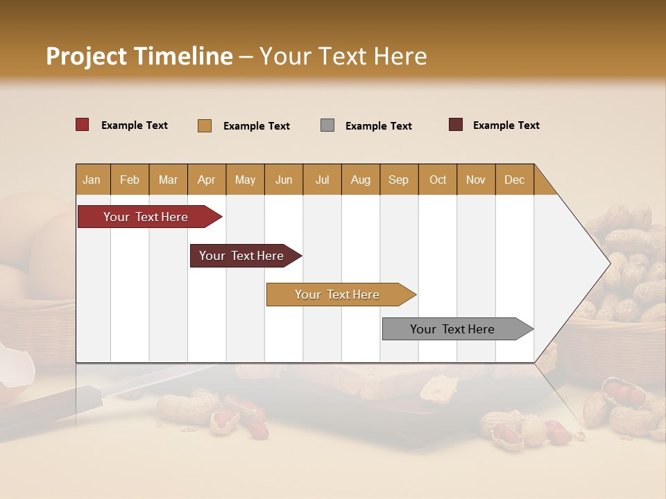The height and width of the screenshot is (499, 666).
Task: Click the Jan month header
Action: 92,180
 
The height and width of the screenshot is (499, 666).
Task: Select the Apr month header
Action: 207,180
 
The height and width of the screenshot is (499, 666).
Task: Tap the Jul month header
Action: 322,180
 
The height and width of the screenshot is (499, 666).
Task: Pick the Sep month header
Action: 398,180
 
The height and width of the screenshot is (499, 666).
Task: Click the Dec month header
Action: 514,180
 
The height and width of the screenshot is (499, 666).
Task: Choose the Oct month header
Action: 437,180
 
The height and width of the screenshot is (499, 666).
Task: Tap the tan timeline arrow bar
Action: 338,295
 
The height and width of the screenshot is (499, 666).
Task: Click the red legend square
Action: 83,125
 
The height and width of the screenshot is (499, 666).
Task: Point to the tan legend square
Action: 205,125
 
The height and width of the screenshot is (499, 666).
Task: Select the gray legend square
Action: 327,125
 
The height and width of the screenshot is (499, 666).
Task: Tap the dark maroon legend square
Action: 456,125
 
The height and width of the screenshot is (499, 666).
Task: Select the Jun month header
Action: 284,180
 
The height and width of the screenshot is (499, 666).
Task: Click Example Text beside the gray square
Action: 378,126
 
